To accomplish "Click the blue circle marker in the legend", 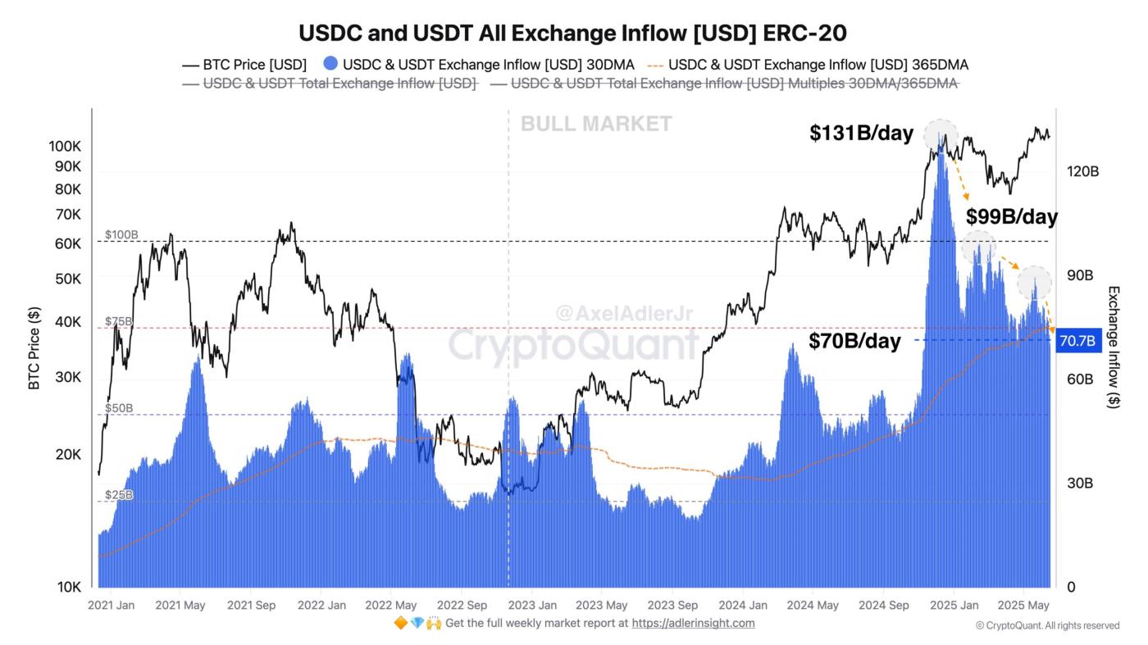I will click(x=330, y=64).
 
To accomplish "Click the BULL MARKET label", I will click(x=596, y=124).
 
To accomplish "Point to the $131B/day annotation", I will click(x=861, y=134).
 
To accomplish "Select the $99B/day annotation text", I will click(x=1011, y=217).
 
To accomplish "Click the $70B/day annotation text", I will click(x=854, y=341).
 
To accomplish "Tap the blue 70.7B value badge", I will click(x=1077, y=341).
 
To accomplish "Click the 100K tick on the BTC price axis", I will click(x=65, y=146).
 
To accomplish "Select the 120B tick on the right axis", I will click(x=1082, y=171).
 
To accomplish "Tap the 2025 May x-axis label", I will click(x=1023, y=606).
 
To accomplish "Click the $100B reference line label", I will click(x=121, y=235).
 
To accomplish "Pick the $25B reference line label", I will click(x=119, y=495).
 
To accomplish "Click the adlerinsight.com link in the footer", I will click(x=693, y=623).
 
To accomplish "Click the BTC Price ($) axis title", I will click(x=34, y=347).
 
